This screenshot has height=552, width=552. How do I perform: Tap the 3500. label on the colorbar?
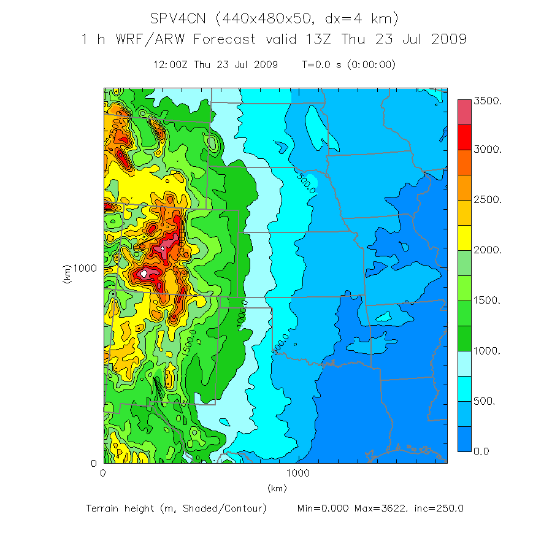(x=488, y=100)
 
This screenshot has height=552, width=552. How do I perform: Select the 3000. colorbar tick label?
(x=488, y=150)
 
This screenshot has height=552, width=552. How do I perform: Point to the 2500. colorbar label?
(x=488, y=201)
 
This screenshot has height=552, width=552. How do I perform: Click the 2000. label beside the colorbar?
(x=488, y=251)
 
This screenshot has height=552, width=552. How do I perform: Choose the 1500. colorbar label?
(x=488, y=301)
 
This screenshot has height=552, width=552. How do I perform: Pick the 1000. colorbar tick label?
(x=488, y=351)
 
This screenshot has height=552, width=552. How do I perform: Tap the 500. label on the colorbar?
(x=485, y=402)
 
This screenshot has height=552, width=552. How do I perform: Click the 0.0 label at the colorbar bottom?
(x=481, y=452)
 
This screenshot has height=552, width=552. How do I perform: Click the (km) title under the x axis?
(x=277, y=488)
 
